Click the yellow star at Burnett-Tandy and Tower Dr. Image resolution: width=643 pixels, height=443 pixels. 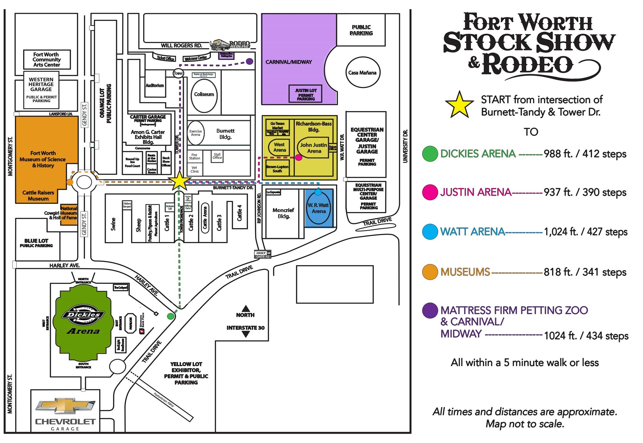179,181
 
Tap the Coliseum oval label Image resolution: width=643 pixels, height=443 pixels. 204,94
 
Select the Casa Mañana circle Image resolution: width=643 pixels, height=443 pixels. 362,73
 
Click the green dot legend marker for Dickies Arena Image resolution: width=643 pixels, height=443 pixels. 430,154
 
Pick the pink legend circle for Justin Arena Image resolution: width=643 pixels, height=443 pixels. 430,192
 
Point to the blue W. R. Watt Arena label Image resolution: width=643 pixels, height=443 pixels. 319,208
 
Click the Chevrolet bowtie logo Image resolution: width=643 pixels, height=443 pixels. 65,406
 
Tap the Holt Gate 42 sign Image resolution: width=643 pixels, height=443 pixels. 263,254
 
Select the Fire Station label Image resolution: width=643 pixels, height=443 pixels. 194,156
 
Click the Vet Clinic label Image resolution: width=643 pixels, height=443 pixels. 195,169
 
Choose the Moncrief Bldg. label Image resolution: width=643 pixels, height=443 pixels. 283,213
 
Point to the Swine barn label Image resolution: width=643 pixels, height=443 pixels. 113,224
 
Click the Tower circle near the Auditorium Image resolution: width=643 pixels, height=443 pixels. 178,73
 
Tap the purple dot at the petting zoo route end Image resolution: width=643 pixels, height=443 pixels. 249,61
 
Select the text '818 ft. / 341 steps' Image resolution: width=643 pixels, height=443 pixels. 585,272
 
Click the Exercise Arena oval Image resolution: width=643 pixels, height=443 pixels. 195,133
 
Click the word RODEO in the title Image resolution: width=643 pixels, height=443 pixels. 527,65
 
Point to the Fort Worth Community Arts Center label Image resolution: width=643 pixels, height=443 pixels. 47,59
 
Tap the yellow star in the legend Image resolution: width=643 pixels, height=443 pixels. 459,105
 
